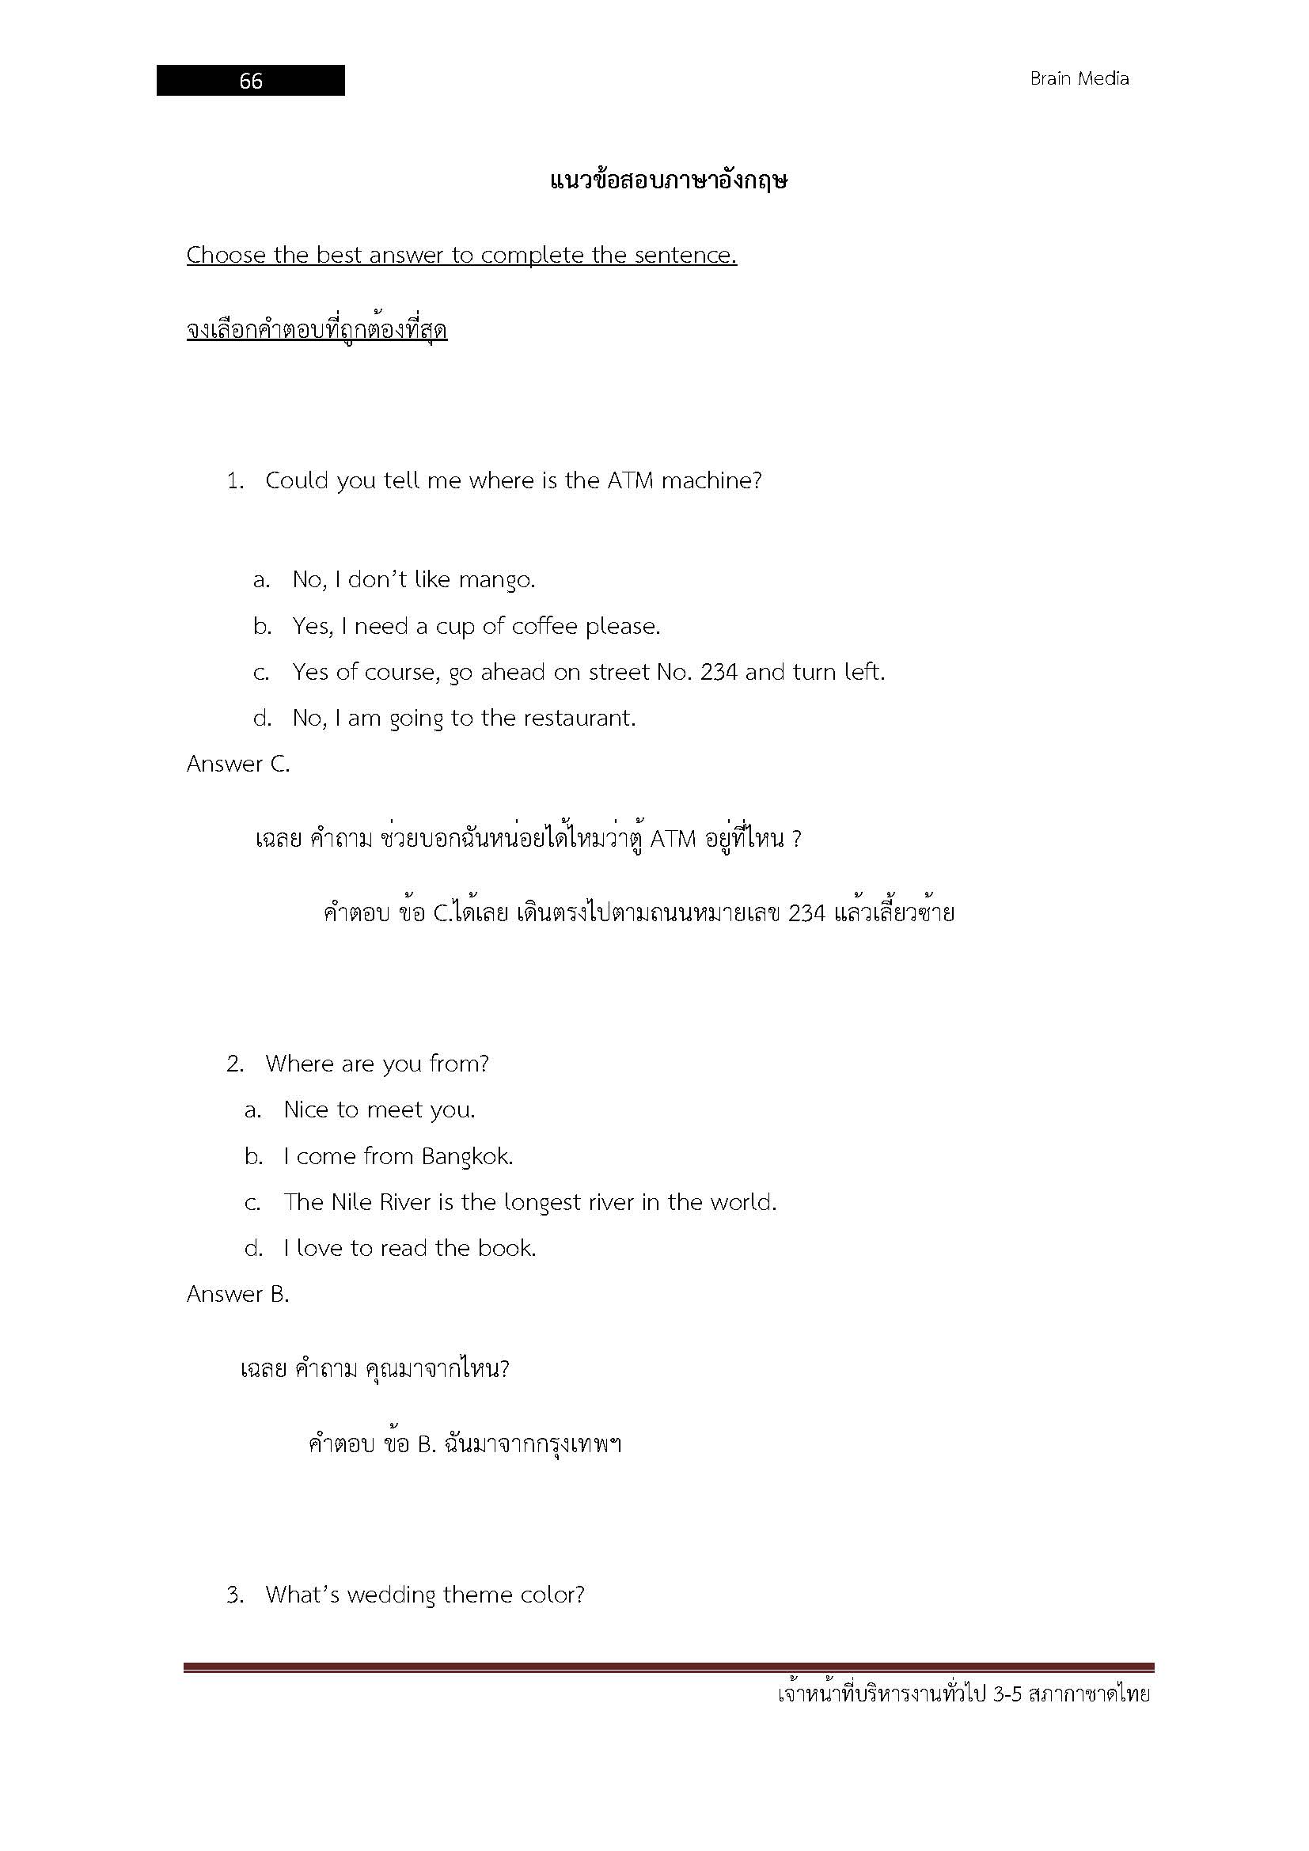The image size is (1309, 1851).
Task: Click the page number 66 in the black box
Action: [x=251, y=81]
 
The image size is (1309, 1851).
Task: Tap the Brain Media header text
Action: [x=1079, y=79]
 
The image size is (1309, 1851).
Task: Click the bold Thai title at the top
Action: [x=668, y=180]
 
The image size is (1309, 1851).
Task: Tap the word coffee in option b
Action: [x=544, y=627]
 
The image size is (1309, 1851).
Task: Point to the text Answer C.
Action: [x=237, y=764]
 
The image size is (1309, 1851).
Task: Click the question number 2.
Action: [x=234, y=1064]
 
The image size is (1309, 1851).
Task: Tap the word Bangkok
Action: [x=467, y=1157]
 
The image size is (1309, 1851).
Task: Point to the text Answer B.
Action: [x=237, y=1295]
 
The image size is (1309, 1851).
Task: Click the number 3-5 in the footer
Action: [x=1007, y=1694]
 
